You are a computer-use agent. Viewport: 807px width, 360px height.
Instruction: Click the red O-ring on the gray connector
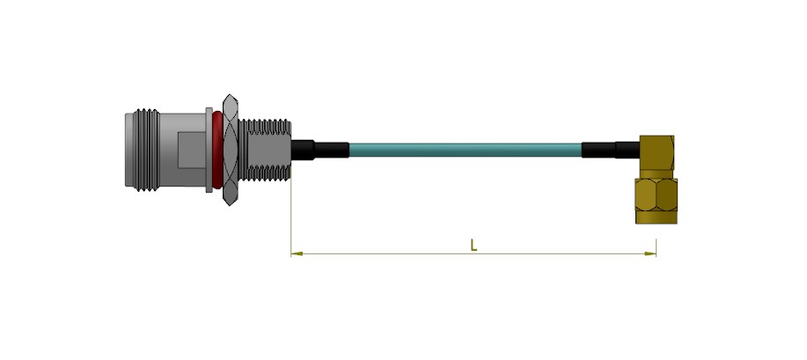point(217,150)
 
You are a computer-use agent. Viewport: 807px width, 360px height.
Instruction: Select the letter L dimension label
point(474,246)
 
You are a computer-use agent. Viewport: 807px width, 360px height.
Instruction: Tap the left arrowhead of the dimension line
point(297,253)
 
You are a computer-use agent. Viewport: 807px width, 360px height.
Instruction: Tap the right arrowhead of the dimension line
point(650,253)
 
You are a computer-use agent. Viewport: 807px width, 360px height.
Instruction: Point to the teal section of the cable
point(466,150)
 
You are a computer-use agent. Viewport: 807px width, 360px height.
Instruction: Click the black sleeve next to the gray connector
point(319,150)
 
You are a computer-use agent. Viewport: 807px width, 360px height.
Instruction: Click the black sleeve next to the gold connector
point(611,150)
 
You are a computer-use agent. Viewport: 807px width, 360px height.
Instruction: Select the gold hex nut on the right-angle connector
point(657,195)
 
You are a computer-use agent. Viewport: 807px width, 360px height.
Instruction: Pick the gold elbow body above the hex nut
point(657,156)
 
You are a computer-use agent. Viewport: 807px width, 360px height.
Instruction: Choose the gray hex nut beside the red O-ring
point(230,150)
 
